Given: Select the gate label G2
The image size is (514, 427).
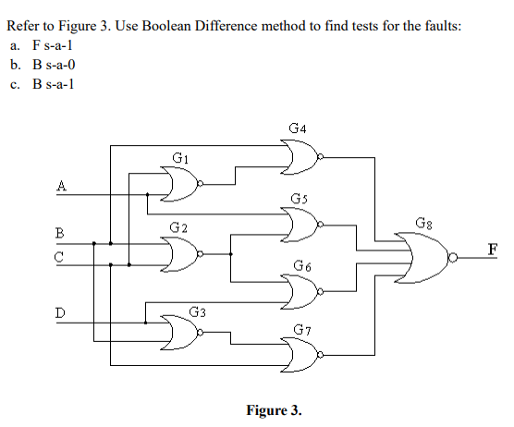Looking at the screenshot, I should click(x=179, y=227).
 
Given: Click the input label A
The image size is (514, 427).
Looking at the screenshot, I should click(x=61, y=185).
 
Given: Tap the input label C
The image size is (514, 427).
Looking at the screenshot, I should click(x=60, y=258).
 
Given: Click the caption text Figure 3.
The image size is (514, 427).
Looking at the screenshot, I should click(x=274, y=410).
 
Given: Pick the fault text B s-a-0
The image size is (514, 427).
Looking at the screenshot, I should click(x=52, y=65).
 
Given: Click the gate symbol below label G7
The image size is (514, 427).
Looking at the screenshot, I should click(x=301, y=354).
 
